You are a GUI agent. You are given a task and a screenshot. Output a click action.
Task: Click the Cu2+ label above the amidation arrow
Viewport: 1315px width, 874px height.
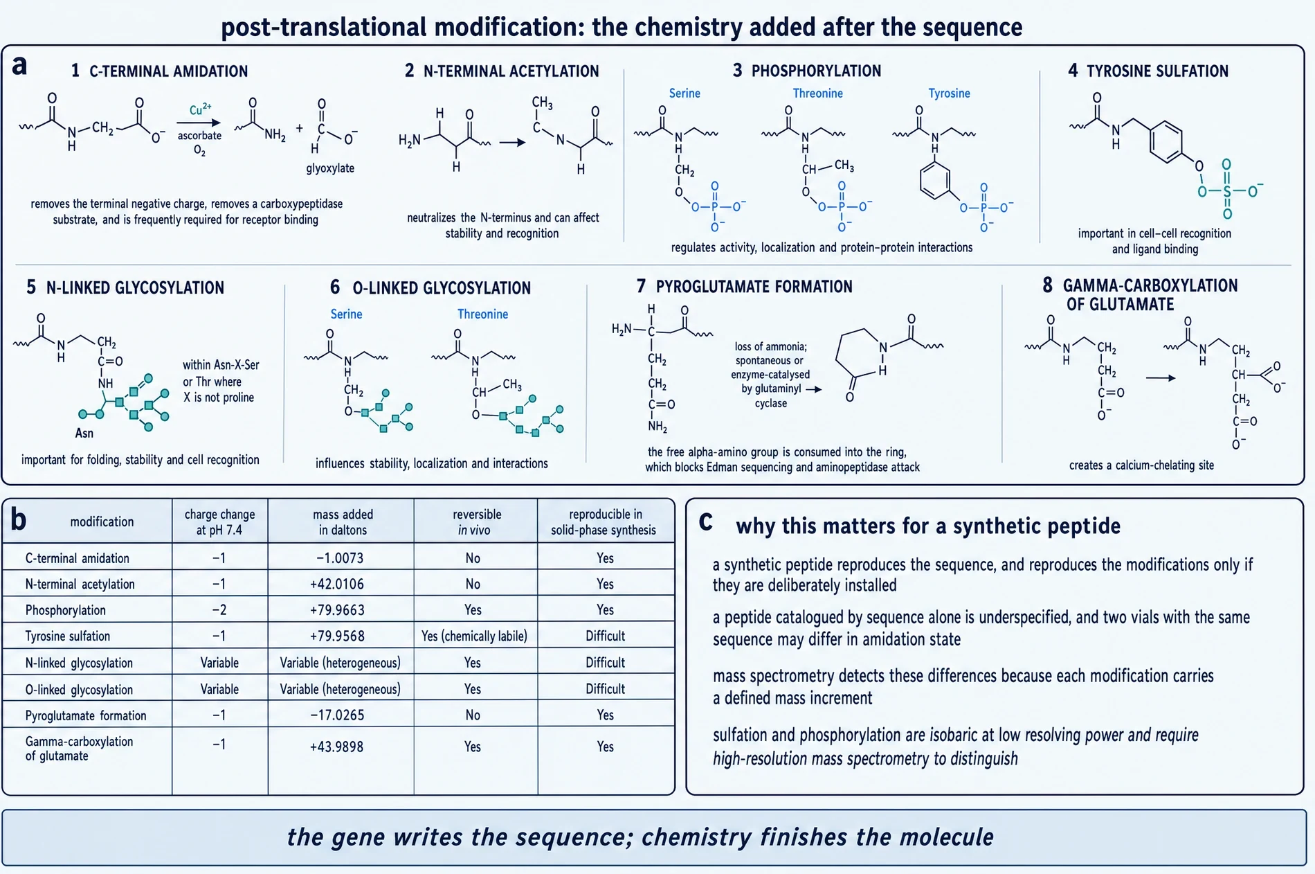point(200,109)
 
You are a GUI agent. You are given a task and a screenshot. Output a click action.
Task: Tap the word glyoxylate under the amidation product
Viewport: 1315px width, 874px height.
point(330,168)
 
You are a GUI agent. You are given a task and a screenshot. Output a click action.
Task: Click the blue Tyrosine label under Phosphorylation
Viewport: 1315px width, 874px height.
point(949,93)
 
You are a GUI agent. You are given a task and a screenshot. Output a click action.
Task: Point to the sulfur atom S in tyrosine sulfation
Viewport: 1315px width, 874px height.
point(1227,191)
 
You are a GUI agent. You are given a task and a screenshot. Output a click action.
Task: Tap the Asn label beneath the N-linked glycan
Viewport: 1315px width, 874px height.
point(84,433)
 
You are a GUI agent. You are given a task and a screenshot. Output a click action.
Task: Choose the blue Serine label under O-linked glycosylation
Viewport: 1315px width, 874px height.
point(346,314)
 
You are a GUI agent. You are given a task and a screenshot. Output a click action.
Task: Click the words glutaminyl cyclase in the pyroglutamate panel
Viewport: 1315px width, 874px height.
point(771,395)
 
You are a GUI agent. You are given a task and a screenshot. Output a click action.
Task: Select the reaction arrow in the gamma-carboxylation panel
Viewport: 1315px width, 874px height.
point(1161,378)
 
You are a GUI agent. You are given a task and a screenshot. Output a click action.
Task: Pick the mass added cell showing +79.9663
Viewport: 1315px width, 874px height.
point(337,610)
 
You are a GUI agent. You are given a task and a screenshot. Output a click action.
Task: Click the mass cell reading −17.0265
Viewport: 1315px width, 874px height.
point(337,715)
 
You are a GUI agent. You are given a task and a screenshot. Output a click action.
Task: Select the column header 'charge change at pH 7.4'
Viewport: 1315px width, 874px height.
point(219,522)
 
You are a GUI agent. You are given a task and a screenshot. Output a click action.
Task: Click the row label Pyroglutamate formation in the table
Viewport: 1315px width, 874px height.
point(86,716)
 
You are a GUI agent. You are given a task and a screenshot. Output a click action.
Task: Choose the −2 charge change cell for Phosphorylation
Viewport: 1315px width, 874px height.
point(219,610)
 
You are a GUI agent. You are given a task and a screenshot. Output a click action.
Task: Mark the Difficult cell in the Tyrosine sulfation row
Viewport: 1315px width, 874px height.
point(605,636)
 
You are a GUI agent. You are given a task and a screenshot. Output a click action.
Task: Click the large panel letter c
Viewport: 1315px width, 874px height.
point(705,520)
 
